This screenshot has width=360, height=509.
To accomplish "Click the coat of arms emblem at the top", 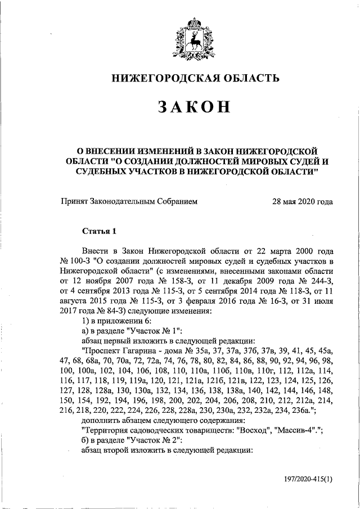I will click(x=195, y=39).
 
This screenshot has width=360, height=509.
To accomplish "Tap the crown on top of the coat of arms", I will click(x=195, y=24).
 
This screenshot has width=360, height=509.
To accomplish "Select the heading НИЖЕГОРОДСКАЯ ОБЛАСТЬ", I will click(x=195, y=79).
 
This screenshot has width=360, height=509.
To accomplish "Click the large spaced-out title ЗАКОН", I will click(x=195, y=108).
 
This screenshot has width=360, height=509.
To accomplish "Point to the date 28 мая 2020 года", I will click(x=302, y=201).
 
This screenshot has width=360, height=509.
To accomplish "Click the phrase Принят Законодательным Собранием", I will click(x=129, y=201).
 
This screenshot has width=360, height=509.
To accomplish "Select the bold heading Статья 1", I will click(x=99, y=231).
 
